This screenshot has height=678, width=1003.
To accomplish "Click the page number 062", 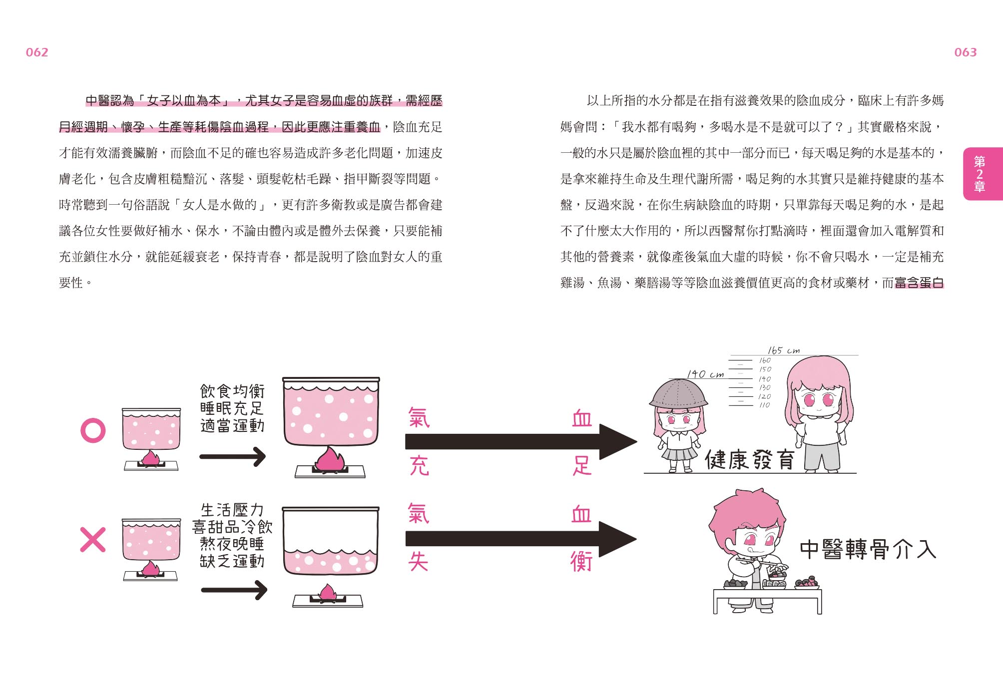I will (37, 52).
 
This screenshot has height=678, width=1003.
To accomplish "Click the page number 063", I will (965, 52).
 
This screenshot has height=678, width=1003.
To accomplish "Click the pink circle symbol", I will (93, 430).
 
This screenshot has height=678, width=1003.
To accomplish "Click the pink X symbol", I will (93, 540).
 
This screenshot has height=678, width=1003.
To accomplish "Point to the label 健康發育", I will (749, 460).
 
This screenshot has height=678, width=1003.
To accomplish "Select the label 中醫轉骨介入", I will (868, 550).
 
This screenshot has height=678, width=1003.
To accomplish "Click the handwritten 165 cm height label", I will (783, 350).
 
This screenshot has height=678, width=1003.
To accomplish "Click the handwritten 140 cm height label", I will (705, 374).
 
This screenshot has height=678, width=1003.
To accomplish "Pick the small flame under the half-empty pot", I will (328, 593).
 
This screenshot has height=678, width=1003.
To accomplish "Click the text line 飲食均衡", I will (232, 391).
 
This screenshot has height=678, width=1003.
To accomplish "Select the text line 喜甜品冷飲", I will (232, 527).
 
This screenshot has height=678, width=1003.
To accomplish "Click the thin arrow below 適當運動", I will (232, 456).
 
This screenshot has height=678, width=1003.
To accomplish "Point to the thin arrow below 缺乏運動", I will (234, 590).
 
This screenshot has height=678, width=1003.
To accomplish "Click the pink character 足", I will (582, 466).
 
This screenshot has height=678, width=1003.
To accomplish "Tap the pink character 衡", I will (581, 562).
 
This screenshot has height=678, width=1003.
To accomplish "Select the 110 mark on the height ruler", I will (764, 405).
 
